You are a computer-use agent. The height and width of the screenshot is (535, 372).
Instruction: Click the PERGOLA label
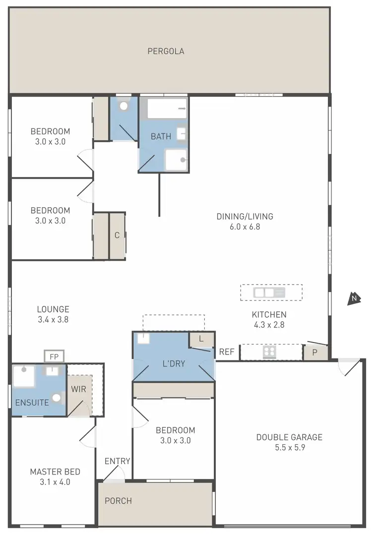tap(166, 51)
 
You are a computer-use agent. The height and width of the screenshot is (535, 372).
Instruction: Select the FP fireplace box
tap(54, 356)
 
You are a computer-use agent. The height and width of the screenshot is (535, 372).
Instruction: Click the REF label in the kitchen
tap(227, 352)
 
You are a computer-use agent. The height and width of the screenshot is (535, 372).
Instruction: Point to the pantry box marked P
tap(315, 353)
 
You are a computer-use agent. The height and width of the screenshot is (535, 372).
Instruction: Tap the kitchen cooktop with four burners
tap(269, 352)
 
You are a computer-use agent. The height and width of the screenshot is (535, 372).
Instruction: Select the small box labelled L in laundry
tap(201, 340)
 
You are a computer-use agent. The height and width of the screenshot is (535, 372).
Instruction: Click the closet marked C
tap(117, 236)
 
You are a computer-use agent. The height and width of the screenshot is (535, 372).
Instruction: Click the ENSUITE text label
tap(32, 403)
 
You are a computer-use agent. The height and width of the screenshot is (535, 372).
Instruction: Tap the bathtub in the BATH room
tap(167, 109)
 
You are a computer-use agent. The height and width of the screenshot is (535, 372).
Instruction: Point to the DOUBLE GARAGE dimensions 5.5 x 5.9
tap(289, 447)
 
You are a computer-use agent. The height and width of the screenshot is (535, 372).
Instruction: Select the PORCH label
tap(118, 501)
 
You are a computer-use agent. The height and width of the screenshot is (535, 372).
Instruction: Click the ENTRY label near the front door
tap(117, 461)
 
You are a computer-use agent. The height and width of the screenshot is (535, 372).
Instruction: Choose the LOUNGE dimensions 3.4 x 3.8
tap(53, 320)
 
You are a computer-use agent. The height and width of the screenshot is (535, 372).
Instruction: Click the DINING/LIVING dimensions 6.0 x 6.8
tap(245, 227)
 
